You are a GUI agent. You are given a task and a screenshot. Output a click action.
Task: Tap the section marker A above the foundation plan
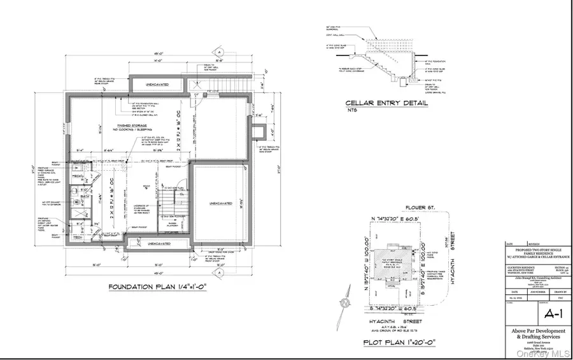pyautogui.click(x=218, y=52)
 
